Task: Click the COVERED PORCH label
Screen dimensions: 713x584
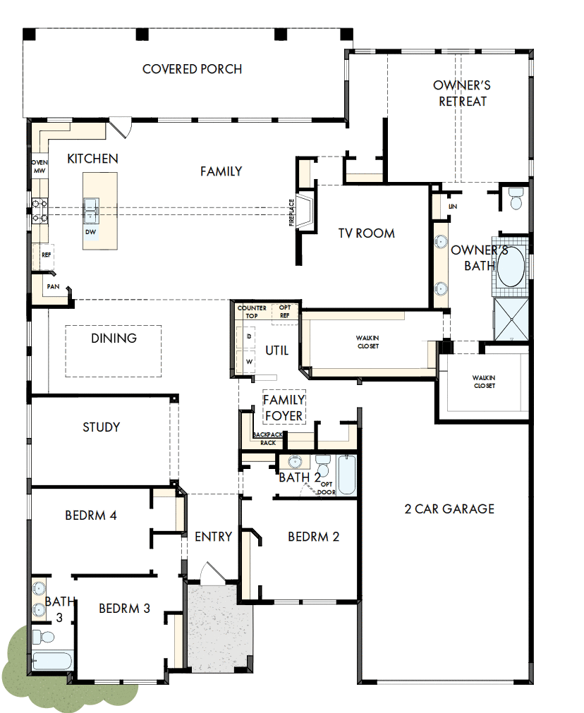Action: pyautogui.click(x=192, y=69)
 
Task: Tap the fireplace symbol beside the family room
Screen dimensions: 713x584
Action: pyautogui.click(x=305, y=212)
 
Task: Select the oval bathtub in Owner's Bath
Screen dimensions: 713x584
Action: pyautogui.click(x=511, y=266)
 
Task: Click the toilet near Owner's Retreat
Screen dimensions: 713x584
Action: pyautogui.click(x=515, y=199)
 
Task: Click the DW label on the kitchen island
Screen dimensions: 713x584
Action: pyautogui.click(x=90, y=231)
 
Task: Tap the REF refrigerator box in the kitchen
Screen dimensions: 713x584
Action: pyautogui.click(x=47, y=255)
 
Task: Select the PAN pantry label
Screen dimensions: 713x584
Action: pyautogui.click(x=52, y=286)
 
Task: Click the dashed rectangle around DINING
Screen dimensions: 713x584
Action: pyautogui.click(x=114, y=351)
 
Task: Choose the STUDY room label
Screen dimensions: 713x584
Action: pyautogui.click(x=102, y=427)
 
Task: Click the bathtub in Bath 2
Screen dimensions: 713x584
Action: pyautogui.click(x=347, y=475)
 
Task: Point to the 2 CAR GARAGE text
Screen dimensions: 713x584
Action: pyautogui.click(x=449, y=508)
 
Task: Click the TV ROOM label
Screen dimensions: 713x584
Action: pyautogui.click(x=365, y=233)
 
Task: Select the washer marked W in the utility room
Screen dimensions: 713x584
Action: pyautogui.click(x=249, y=361)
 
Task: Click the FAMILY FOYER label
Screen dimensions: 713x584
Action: pyautogui.click(x=284, y=408)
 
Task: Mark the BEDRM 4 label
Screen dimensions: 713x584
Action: pyautogui.click(x=91, y=515)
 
